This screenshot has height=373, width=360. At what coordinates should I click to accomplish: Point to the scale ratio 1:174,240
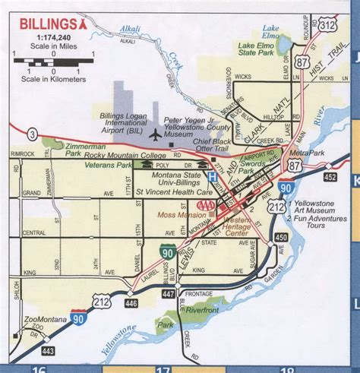(x=48, y=36)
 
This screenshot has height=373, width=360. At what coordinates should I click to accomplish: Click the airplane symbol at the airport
(x=156, y=135)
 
